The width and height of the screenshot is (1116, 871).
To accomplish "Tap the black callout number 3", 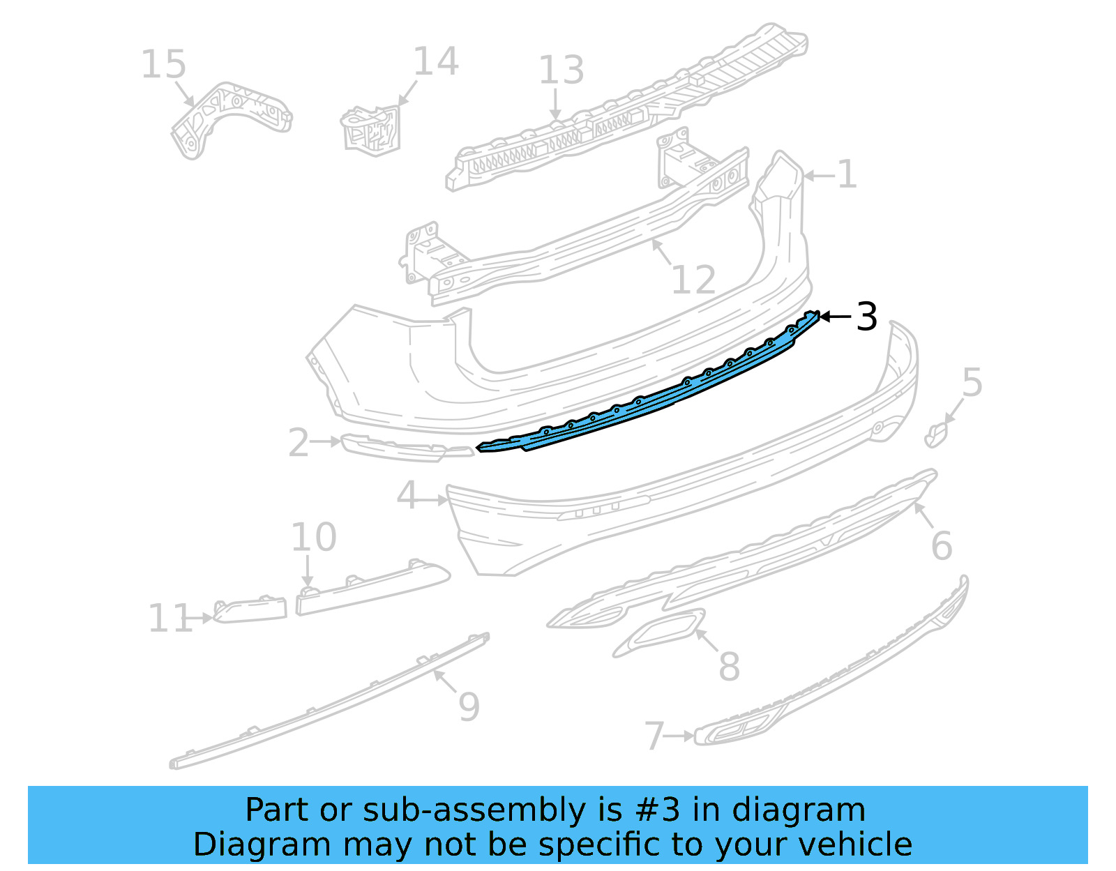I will click(866, 317).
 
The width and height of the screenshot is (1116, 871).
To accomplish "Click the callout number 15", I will click(163, 65).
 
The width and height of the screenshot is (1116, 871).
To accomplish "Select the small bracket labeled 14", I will click(372, 129).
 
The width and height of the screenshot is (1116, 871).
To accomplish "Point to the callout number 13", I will click(561, 70).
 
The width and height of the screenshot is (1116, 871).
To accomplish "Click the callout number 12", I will click(693, 280).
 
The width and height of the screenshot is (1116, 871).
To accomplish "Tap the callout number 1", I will click(846, 174).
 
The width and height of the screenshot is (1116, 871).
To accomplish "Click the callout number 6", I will click(941, 545).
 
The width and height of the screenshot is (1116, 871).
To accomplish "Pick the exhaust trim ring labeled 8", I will click(659, 633).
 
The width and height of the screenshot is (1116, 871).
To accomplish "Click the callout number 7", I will click(654, 736).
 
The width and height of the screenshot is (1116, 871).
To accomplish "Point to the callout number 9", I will click(469, 706).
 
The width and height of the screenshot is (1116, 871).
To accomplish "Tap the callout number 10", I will click(313, 538).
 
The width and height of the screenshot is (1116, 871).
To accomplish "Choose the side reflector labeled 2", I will click(405, 448).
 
